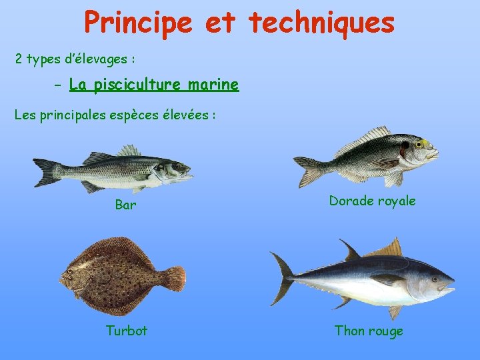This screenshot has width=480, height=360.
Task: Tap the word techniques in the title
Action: (322, 22)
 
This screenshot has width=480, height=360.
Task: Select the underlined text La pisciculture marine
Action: (153, 85)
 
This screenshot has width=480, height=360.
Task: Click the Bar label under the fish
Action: (125, 205)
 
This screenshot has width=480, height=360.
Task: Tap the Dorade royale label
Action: (372, 201)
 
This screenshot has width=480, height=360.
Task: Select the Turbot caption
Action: (127, 330)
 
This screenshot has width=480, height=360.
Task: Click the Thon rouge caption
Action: (369, 331)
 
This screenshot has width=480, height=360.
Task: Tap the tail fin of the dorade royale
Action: (307, 170)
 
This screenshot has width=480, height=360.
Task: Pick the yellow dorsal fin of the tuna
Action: (391, 249)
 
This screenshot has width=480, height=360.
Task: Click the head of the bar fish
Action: (179, 169)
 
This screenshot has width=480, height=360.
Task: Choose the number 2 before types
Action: (19, 59)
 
